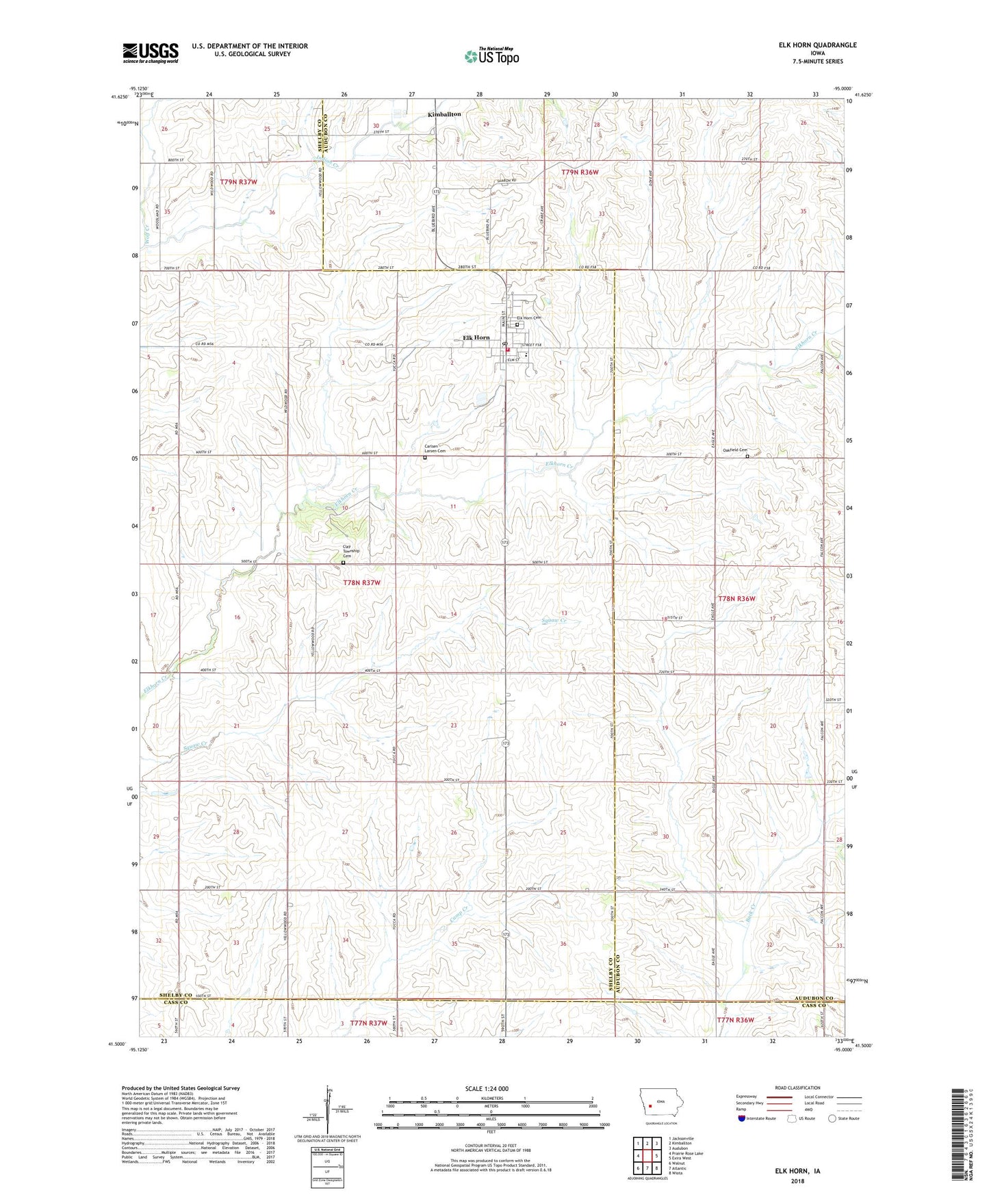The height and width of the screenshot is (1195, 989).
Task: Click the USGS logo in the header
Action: click(150, 53)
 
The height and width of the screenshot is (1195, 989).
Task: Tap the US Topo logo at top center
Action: click(491, 56)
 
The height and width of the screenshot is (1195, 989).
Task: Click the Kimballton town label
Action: click(444, 114)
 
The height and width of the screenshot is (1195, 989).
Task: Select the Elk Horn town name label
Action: click(476, 337)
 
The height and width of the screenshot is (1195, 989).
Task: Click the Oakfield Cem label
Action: click(735, 450)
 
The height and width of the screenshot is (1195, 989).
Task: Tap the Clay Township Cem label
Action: click(348, 551)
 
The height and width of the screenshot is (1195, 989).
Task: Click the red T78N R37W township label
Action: click(361, 582)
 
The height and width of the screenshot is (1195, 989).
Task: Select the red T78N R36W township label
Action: click(736, 598)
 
